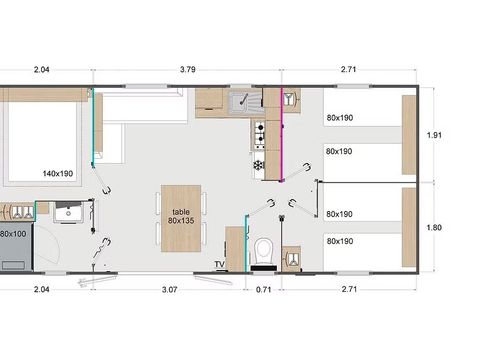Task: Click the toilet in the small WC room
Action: [x=264, y=252]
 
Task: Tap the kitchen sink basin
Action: [x=242, y=101]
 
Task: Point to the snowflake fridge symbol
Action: [x=258, y=164]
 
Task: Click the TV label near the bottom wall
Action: [x=219, y=264]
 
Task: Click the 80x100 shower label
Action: [x=13, y=233]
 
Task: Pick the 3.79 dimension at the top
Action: [x=186, y=70]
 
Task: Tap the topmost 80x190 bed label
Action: [x=339, y=118]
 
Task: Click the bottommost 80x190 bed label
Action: [x=339, y=241]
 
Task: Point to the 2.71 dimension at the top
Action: [x=347, y=70]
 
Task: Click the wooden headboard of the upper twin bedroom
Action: [x=408, y=135]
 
